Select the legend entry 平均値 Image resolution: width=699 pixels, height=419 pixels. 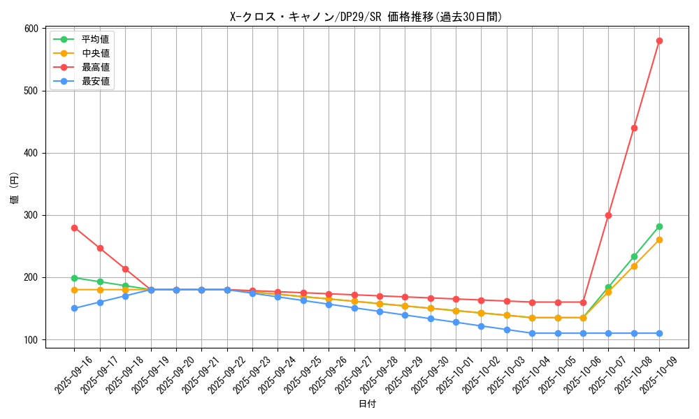[x=95, y=39]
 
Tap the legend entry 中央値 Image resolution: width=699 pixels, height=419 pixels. [x=95, y=53]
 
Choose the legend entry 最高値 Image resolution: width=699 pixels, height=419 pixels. [x=95, y=67]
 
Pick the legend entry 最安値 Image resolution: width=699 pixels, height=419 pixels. [x=95, y=81]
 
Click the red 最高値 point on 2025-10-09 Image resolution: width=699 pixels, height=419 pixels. [x=659, y=41]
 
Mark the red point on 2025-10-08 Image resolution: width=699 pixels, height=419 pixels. [x=634, y=128]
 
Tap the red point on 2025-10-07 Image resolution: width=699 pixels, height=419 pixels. [x=608, y=215]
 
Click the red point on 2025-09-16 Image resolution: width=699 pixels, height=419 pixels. [x=74, y=228]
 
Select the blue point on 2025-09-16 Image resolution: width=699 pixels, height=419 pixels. [x=74, y=308]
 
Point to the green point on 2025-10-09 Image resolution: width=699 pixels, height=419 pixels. [x=659, y=226]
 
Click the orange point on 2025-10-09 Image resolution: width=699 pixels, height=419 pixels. [x=659, y=240]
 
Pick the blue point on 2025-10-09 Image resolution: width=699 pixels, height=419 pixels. [x=659, y=333]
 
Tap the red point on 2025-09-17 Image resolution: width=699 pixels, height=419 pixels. [x=100, y=248]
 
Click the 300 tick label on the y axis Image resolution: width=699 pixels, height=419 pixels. [x=30, y=215]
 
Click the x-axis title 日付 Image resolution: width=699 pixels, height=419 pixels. [x=366, y=404]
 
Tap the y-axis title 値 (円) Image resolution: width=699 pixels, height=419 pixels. [x=15, y=188]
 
